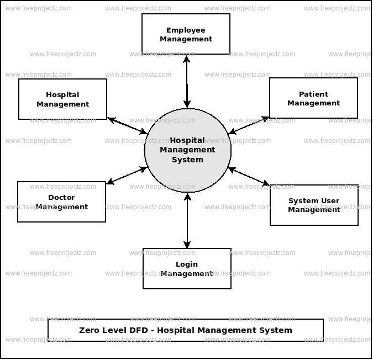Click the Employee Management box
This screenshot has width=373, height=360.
[186, 34]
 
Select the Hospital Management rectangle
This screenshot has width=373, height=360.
[62, 99]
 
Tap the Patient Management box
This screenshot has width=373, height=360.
[313, 98]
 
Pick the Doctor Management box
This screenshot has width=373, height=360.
[61, 202]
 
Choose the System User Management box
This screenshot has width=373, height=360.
[314, 205]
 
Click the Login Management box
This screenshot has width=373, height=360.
[187, 269]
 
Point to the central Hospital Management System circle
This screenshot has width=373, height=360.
[187, 150]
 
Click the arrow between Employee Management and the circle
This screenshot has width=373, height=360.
[187, 81]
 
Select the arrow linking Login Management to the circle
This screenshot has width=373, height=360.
[187, 220]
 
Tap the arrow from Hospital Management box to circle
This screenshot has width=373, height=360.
[127, 125]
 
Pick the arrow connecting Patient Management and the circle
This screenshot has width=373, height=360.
[249, 125]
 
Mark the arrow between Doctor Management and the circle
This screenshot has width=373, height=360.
[127, 175]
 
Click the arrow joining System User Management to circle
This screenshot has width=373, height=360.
[249, 177]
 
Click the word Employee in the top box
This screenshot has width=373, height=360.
[186, 30]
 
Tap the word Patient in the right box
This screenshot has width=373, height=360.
[313, 94]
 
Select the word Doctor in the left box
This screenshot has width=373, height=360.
[61, 198]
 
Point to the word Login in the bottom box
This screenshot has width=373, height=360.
[187, 264]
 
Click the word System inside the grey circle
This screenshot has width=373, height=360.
[187, 160]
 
